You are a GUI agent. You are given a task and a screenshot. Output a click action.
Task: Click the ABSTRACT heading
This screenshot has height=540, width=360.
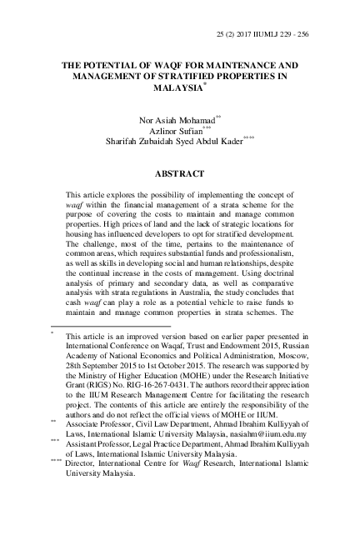click(180, 175)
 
